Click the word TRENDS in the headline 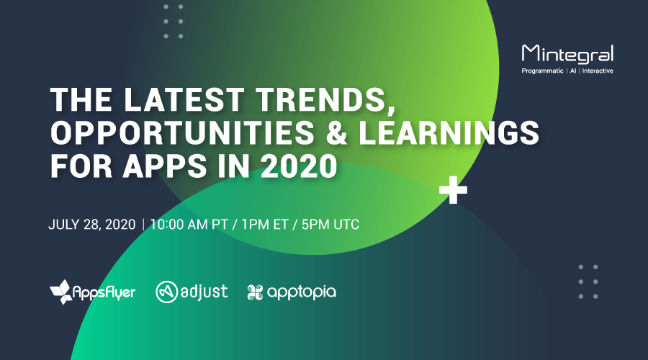325,100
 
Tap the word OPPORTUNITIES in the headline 182,132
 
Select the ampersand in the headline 337,132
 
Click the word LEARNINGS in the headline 449,132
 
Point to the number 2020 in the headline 300,166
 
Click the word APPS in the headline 164,166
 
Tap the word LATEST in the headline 184,99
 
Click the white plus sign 453,190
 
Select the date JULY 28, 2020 91,225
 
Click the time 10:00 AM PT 189,225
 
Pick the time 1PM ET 265,225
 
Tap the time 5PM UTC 330,225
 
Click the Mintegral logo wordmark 567,54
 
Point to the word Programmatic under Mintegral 542,71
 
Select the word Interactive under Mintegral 598,71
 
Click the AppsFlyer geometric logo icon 60,292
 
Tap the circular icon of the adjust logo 166,292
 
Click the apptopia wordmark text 302,292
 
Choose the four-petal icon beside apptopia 255,292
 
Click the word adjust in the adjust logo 204,292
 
